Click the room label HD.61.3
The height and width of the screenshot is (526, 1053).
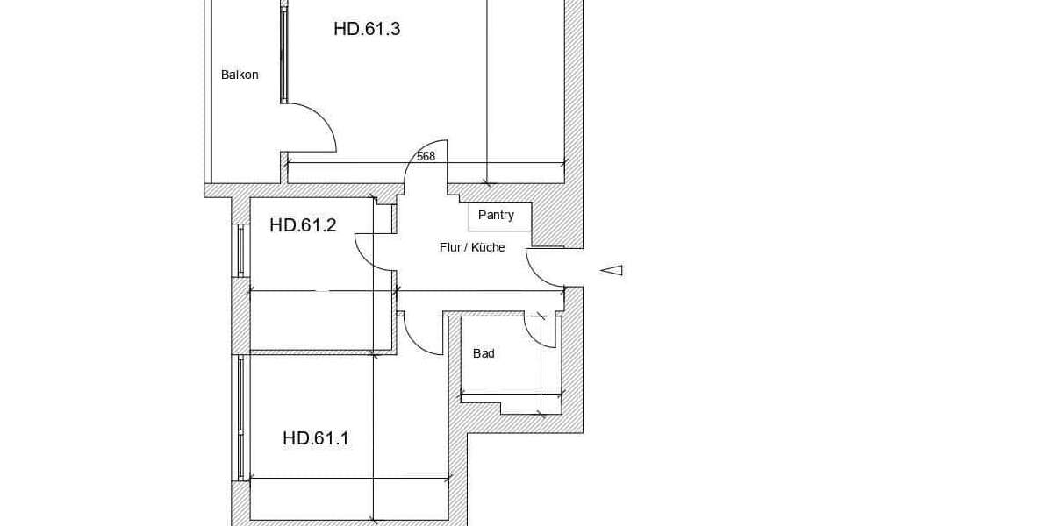(367, 29)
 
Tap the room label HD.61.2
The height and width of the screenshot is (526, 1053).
(304, 225)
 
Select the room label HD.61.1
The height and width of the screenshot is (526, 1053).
(316, 438)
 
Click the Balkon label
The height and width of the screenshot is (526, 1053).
(240, 75)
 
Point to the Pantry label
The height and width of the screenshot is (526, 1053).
(496, 215)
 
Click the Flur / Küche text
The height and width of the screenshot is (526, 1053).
(472, 247)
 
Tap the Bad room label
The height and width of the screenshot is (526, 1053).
(484, 353)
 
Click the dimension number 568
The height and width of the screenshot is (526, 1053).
(426, 156)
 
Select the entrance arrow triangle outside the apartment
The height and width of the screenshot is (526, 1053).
(612, 271)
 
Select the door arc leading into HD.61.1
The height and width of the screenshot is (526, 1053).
(413, 340)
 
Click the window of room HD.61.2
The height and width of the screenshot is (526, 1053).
(240, 251)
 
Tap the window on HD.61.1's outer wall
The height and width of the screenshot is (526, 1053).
(240, 418)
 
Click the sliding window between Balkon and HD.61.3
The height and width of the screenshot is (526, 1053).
(283, 55)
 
